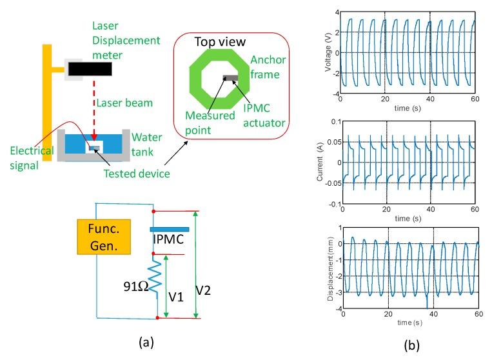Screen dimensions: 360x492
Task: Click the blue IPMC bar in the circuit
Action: tap(169, 228)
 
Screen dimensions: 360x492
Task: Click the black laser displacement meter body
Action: tap(88, 68)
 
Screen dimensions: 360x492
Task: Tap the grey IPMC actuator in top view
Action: tap(230, 78)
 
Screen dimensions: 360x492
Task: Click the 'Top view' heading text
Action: tap(220, 43)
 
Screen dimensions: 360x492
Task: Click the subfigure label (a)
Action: tap(146, 341)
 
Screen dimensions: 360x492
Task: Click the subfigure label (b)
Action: tap(411, 345)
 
